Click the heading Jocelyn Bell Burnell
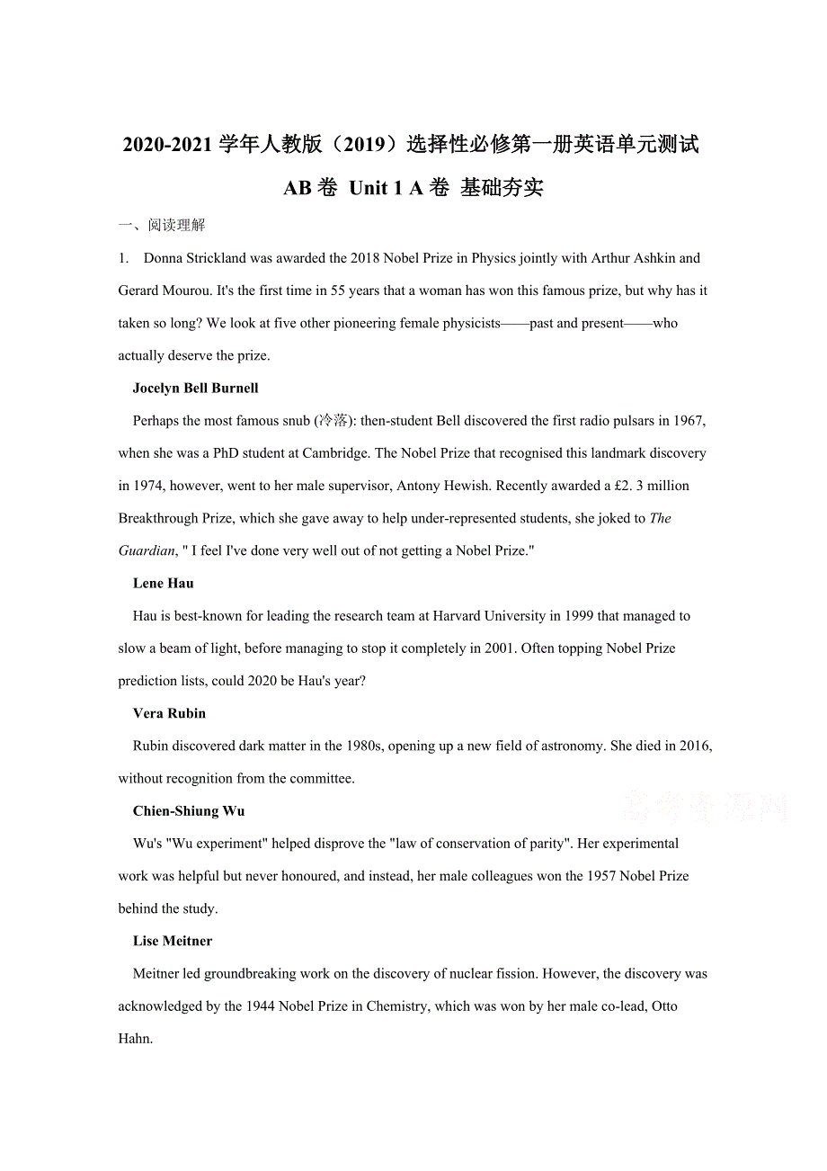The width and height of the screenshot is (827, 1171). [195, 389]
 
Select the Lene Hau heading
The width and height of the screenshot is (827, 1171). [163, 584]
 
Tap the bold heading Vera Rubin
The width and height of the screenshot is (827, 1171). [169, 714]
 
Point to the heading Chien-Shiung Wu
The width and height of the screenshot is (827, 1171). [189, 811]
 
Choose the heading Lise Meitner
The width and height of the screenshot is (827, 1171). [173, 942]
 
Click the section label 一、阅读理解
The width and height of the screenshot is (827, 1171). [161, 226]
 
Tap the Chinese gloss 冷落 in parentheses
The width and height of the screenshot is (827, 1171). [333, 421]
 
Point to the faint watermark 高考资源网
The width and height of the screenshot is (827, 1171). [704, 808]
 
